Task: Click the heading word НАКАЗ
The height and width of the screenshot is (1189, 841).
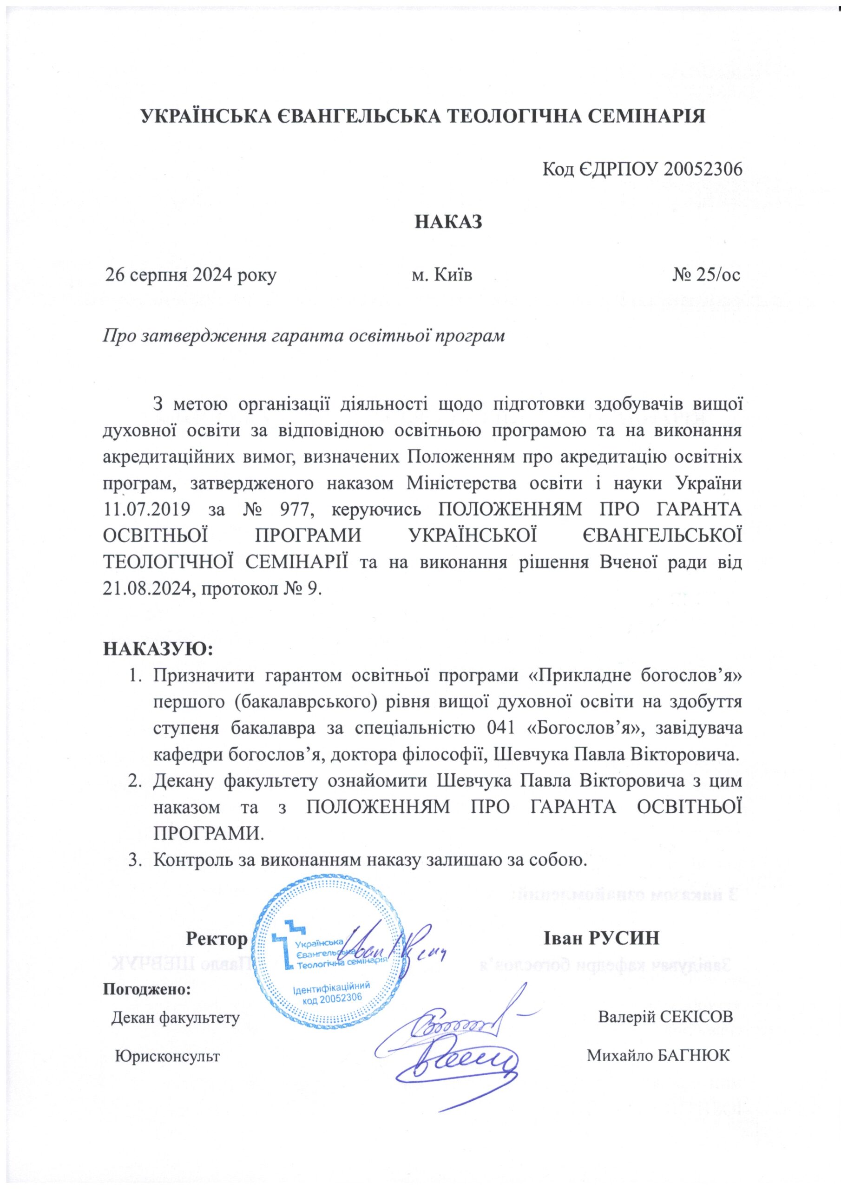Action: [448, 221]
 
